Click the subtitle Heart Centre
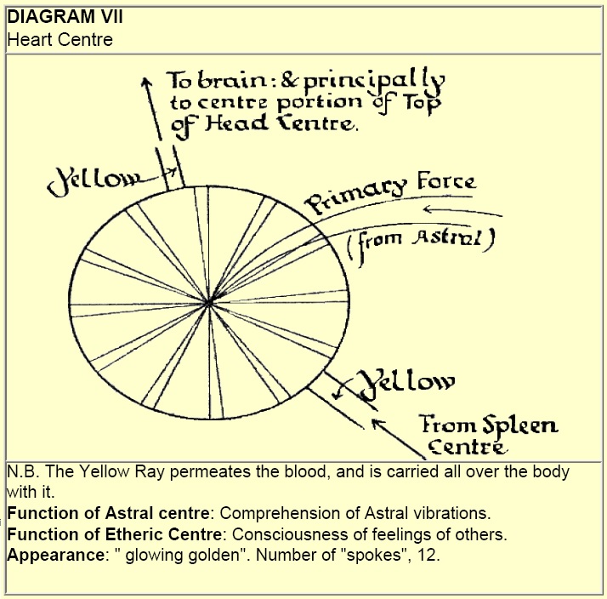(x=60, y=39)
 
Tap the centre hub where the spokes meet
(x=208, y=303)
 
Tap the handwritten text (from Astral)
(x=420, y=240)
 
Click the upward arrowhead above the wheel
(x=146, y=79)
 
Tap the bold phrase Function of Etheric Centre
(x=112, y=533)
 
